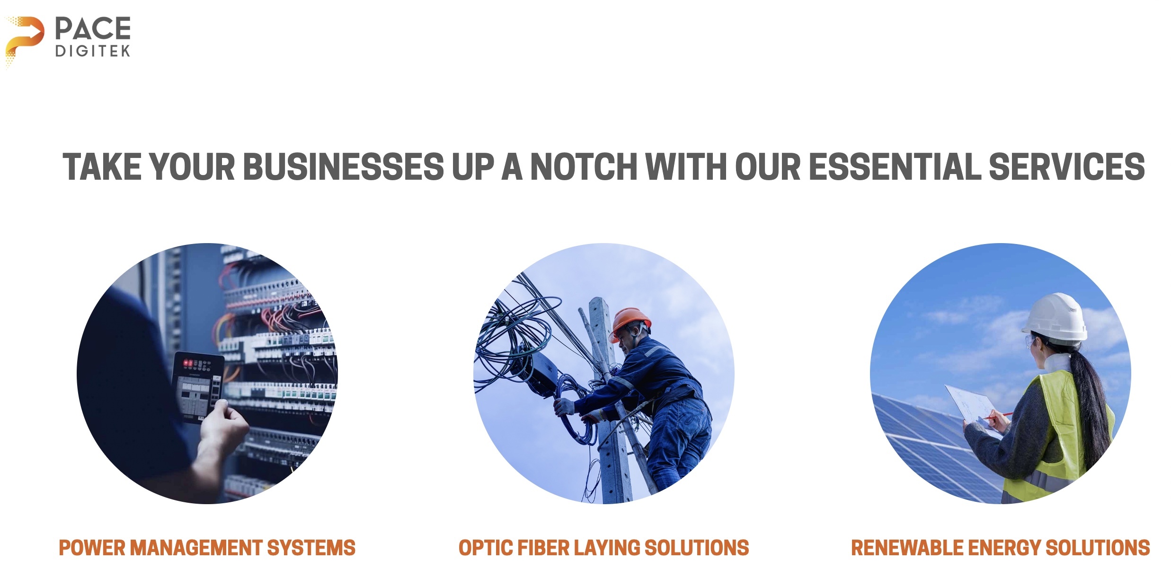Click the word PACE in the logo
coord(93,29)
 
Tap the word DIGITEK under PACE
coord(92,51)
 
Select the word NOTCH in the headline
coord(584,167)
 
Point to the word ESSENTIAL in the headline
coord(895,167)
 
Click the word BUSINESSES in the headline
coord(344,167)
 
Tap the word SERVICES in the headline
coord(1067,167)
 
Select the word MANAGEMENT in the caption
coord(195,548)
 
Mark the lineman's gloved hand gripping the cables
coord(564,406)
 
